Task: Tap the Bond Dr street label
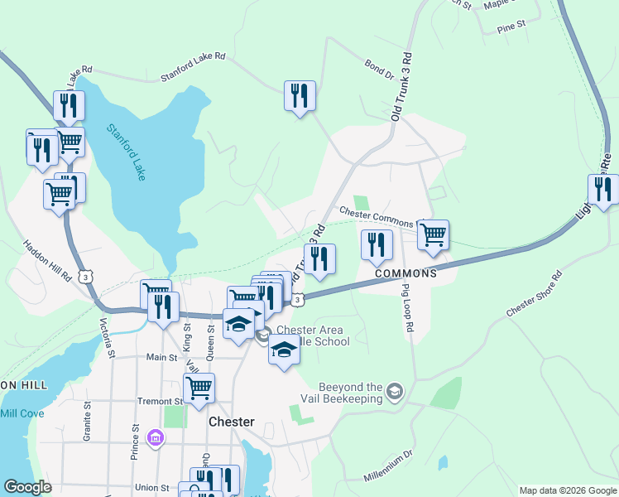click(x=378, y=69)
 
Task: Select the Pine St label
click(x=511, y=27)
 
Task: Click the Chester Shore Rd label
click(x=534, y=294)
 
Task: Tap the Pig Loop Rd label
click(x=407, y=306)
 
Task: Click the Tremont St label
click(x=156, y=400)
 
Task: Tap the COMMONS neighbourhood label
click(x=405, y=273)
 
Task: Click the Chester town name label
click(x=231, y=422)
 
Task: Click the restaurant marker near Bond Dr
click(x=300, y=96)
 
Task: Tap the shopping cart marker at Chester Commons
click(x=433, y=235)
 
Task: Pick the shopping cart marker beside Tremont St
click(x=199, y=388)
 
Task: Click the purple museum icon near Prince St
click(x=155, y=437)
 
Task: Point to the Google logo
click(x=27, y=487)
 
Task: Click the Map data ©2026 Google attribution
click(x=567, y=490)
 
